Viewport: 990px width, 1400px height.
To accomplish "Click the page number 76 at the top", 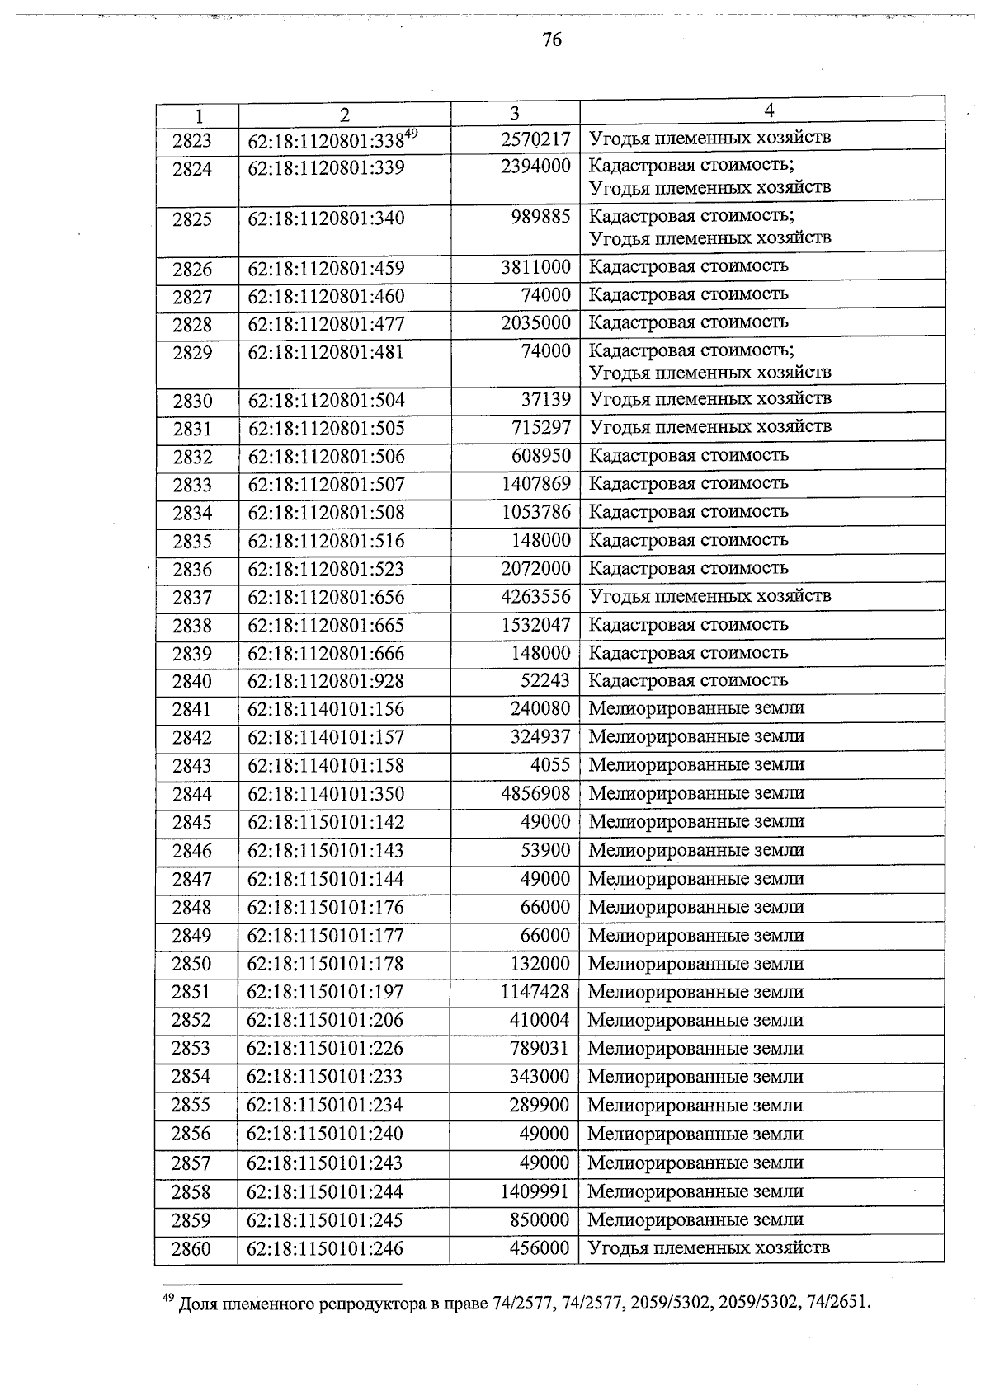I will click(x=552, y=40).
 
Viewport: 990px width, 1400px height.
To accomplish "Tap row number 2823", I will click(x=192, y=141).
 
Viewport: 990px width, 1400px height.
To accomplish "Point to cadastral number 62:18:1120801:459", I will click(x=326, y=268).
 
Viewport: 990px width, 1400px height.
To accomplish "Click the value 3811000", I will click(x=535, y=267).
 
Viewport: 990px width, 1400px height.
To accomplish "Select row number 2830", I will click(x=192, y=402).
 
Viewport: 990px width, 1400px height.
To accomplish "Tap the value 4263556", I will click(x=535, y=596).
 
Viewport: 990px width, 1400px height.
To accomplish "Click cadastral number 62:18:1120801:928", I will click(x=326, y=681).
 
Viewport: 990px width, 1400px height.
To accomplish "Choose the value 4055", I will click(x=549, y=764).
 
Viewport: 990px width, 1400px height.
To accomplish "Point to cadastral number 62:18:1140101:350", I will click(x=326, y=794).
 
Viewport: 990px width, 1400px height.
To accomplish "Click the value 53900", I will click(x=544, y=850).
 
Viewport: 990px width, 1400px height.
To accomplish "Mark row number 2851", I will click(x=191, y=992).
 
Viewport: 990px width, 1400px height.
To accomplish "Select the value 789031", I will click(x=540, y=1049).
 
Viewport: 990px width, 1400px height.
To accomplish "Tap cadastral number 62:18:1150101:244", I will click(x=325, y=1191).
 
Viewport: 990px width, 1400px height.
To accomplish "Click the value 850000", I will click(x=540, y=1219).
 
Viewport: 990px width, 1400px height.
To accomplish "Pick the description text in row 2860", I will click(x=709, y=1247).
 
